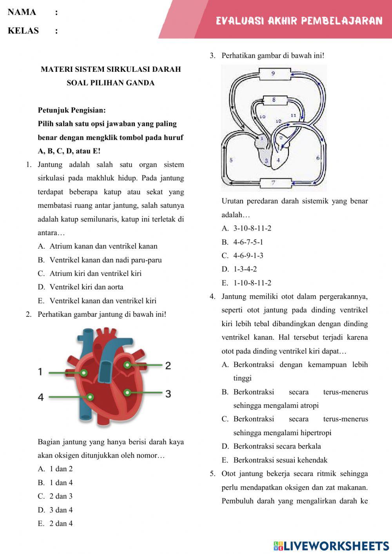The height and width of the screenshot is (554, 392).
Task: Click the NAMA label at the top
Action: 22,12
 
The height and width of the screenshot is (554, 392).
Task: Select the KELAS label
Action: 23,31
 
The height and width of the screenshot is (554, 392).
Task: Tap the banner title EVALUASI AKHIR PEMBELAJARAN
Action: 299,21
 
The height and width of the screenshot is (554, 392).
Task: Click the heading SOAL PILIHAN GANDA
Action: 111,83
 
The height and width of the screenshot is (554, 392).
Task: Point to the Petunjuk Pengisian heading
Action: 72,110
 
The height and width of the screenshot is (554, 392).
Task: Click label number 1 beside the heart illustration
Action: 40,372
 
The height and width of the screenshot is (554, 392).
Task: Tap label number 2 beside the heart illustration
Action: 168,366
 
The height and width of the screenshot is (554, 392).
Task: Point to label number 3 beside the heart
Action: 168,394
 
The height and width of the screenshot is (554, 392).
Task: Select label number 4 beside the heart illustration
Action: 40,397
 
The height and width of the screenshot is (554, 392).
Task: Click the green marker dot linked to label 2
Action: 127,365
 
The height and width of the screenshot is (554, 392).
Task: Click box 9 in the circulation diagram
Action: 273,73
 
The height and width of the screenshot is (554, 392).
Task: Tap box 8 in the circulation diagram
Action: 274,100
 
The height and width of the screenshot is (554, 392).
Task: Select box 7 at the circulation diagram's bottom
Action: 273,183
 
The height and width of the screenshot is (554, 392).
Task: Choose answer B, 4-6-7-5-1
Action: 248,242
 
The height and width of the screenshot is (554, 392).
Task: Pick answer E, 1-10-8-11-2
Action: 252,283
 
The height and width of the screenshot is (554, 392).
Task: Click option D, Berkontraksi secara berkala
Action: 277,446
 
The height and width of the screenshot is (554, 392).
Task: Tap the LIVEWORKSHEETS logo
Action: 331,546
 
